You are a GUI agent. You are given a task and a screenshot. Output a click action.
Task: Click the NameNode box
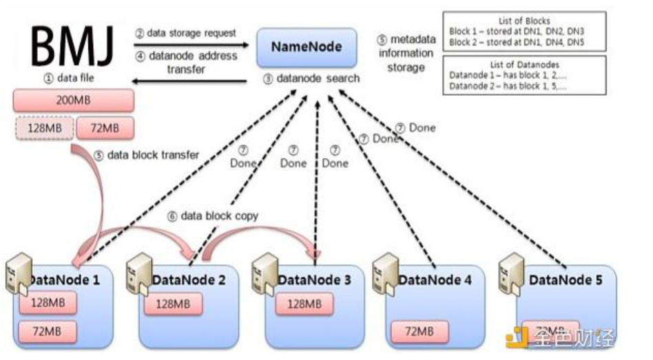(307, 47)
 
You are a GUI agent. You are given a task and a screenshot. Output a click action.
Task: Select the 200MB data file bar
(73, 100)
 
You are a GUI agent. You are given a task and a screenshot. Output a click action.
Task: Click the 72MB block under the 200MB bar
(105, 128)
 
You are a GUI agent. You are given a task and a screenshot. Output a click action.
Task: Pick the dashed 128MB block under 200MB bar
(42, 128)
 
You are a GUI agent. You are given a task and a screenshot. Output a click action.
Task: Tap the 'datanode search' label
(311, 78)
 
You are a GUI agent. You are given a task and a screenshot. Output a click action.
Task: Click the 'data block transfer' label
(146, 156)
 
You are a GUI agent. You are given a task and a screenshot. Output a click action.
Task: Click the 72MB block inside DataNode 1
(47, 331)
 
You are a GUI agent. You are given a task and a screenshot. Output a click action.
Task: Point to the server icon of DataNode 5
(510, 273)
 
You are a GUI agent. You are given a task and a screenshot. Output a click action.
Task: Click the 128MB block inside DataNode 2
(172, 304)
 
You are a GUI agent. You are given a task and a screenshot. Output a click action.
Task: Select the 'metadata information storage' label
(406, 54)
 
